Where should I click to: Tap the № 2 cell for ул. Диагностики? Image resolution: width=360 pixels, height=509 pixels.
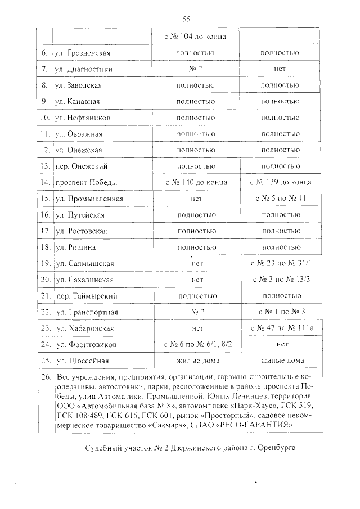(196, 69)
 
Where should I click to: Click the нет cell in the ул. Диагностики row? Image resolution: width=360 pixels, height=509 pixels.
(280, 69)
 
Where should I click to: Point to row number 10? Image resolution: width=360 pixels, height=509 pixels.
(45, 118)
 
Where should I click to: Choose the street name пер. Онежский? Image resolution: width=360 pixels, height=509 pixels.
(81, 166)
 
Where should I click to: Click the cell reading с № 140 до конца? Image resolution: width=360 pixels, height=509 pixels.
(196, 183)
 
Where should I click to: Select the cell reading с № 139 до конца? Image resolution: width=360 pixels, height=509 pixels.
(280, 183)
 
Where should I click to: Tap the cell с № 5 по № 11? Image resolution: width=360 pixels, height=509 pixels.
(280, 199)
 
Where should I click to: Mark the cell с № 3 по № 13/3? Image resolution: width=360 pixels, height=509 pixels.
(280, 280)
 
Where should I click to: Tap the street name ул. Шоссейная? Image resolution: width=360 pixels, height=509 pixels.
(82, 361)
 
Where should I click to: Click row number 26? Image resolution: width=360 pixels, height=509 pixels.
(45, 377)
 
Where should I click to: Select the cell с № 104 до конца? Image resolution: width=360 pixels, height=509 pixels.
(196, 37)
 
